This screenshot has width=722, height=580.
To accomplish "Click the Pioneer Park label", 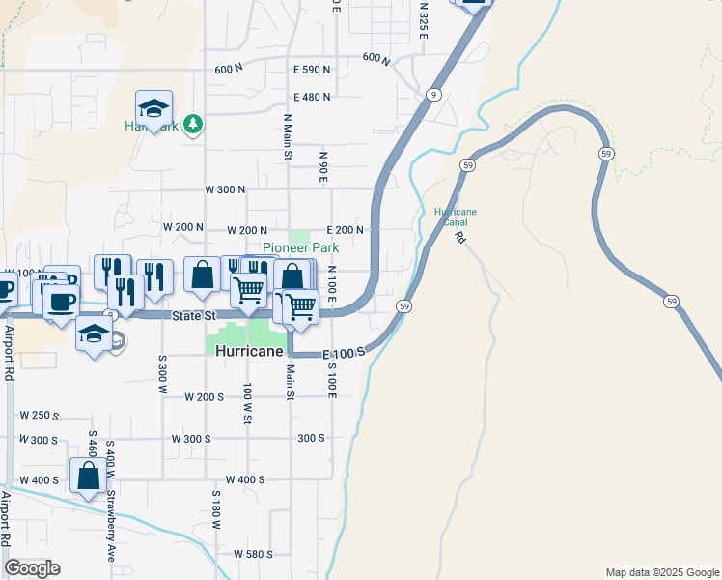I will [301, 247].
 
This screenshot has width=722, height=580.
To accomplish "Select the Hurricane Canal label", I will [456, 217].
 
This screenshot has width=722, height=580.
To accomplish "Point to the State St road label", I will [192, 316].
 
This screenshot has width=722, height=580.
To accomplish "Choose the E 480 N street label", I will [312, 97].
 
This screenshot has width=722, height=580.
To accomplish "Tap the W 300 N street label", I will [224, 189].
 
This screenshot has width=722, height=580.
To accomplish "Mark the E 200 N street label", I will [345, 230].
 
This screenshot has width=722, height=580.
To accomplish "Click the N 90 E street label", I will [324, 166].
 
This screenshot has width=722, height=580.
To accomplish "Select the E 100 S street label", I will [344, 354].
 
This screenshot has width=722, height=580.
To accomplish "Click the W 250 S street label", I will [39, 416].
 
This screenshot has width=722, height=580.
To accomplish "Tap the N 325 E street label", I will [424, 15].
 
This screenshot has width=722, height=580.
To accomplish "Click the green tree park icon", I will [194, 124].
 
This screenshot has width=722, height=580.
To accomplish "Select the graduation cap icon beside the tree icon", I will [153, 107].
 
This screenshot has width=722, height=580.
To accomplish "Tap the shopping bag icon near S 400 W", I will [88, 476].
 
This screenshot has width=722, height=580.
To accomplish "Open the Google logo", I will [32, 568].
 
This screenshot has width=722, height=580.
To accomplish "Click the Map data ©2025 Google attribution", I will [661, 572].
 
